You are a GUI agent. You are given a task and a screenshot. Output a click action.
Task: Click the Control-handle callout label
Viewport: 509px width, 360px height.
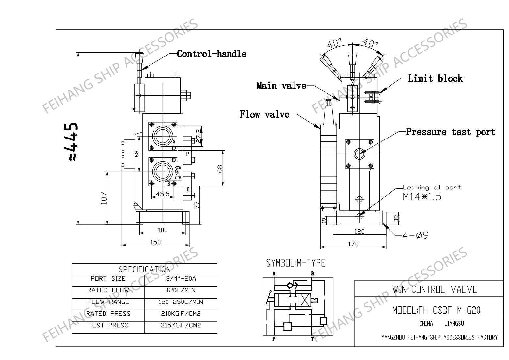point(211,54)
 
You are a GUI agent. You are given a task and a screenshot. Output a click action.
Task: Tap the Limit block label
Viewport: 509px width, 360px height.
point(435,78)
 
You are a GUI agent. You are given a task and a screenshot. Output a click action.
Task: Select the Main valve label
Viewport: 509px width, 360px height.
point(281,86)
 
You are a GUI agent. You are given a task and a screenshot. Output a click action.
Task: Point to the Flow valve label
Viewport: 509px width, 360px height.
point(265,114)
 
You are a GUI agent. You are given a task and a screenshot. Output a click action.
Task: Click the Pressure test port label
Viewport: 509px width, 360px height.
point(451,132)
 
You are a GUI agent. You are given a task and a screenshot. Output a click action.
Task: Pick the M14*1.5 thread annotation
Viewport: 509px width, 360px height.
point(422,197)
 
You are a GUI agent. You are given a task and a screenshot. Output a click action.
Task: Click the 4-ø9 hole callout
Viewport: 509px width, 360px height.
point(415,235)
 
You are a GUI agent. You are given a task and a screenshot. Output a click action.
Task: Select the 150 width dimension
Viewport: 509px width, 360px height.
point(155,242)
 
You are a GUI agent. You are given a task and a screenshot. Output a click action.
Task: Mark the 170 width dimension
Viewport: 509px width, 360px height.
point(353,244)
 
